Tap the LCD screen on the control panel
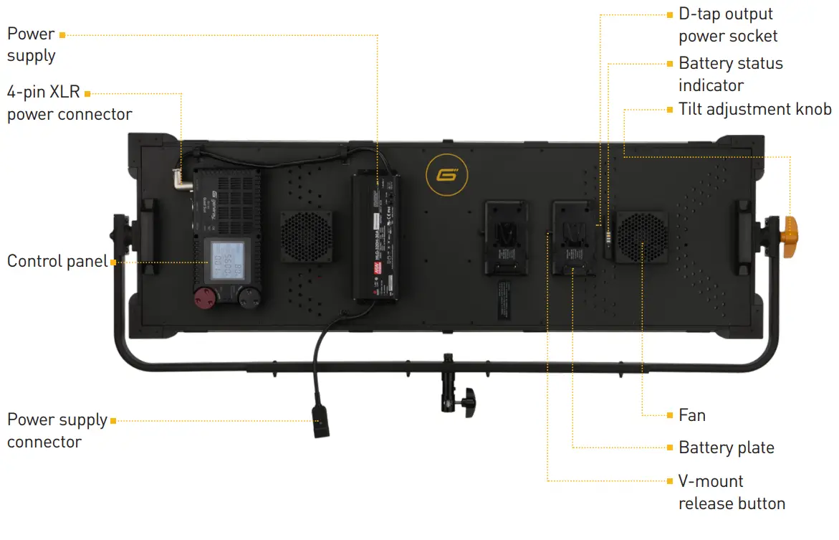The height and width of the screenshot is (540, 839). coord(224,262)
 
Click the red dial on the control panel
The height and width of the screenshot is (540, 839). coord(208,299)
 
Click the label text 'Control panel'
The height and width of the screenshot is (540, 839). coord(57,261)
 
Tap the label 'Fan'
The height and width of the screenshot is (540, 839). coord(692,415)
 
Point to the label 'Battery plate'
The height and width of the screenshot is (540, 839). coord(727,448)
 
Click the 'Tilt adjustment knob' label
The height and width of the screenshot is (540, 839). coord(755,109)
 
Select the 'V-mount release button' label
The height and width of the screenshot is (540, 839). coord(732,492)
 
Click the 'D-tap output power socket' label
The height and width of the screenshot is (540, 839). coord(728,25)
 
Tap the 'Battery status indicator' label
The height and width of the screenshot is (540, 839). coord(731,74)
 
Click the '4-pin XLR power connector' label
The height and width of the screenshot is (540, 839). coord(69,103)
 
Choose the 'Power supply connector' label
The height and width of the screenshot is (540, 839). coord(57,430)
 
